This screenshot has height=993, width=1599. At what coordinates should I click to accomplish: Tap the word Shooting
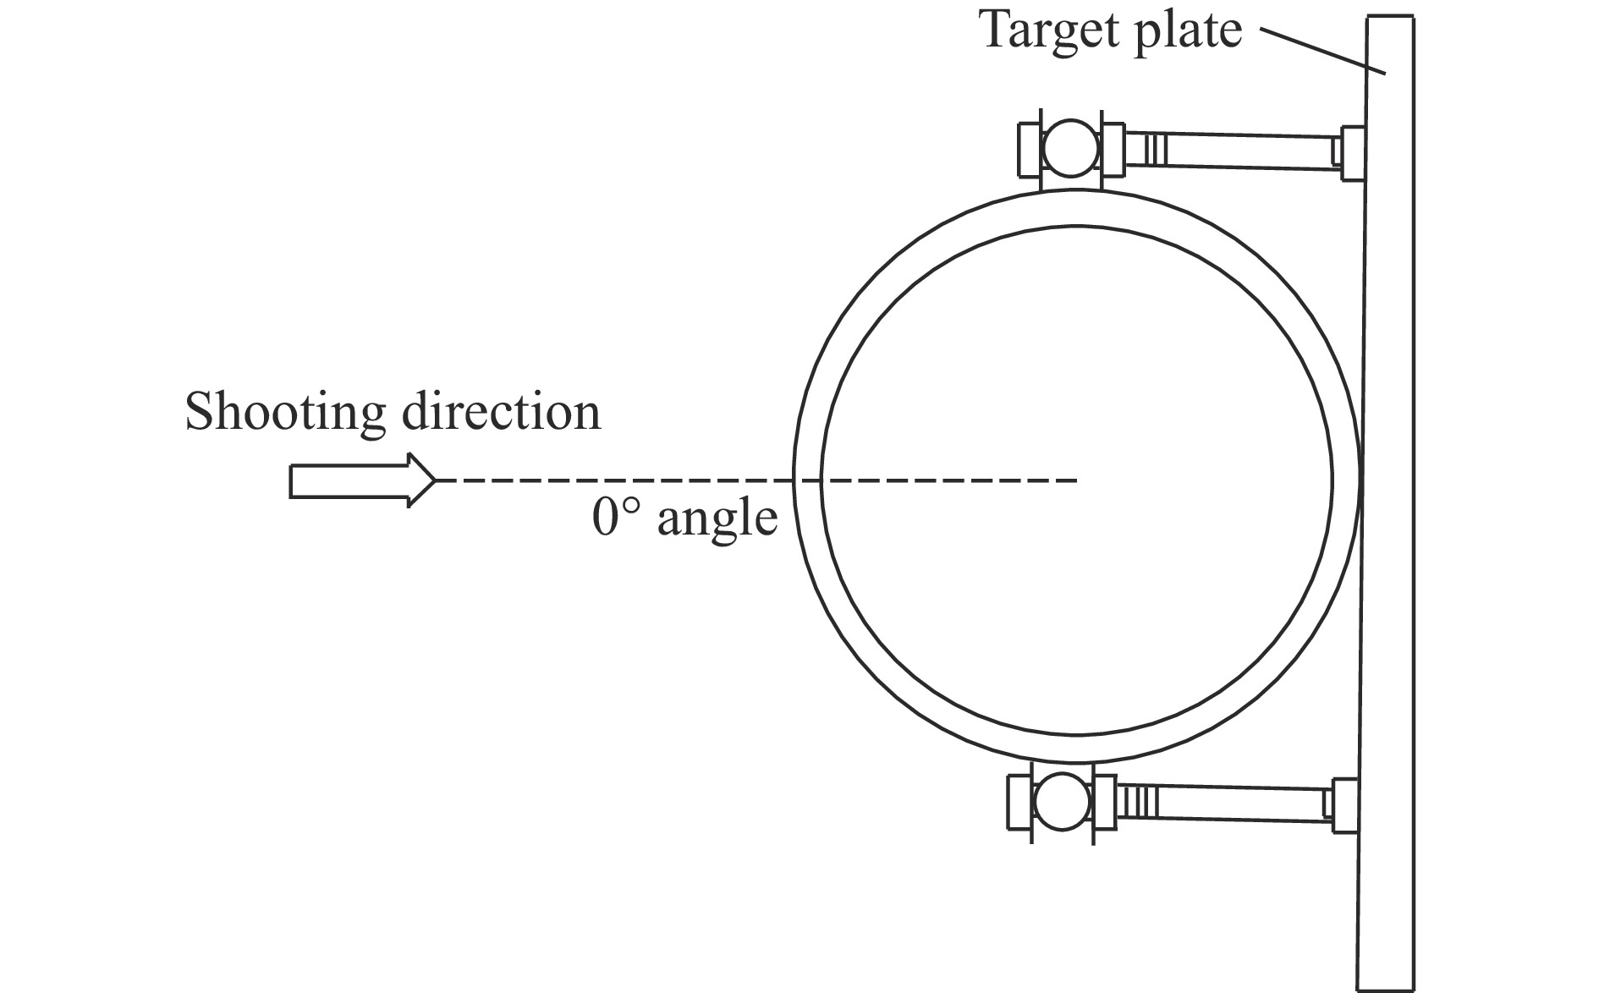click(284, 414)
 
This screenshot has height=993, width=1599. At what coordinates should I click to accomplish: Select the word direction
click(501, 412)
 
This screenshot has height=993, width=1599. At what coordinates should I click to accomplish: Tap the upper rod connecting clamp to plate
click(1244, 151)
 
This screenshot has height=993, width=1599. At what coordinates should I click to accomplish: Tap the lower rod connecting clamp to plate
click(1235, 804)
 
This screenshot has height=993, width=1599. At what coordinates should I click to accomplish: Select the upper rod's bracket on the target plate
click(1352, 153)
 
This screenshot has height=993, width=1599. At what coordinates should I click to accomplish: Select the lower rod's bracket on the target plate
click(1344, 806)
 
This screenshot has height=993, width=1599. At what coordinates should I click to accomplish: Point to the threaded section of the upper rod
click(1152, 150)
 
